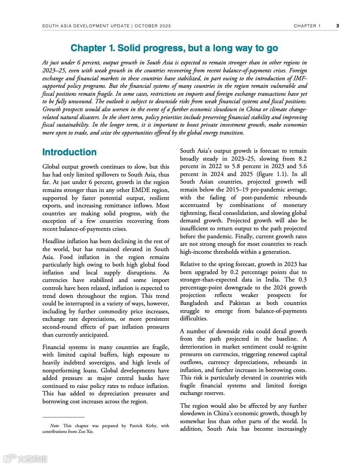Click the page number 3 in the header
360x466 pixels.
coord(337,26)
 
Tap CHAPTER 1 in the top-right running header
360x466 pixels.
coord(307,26)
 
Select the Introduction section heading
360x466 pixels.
coord(69,152)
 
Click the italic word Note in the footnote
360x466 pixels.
coord(55,426)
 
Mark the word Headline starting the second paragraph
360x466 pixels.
coord(55,241)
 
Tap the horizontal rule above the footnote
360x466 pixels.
coord(63,417)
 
